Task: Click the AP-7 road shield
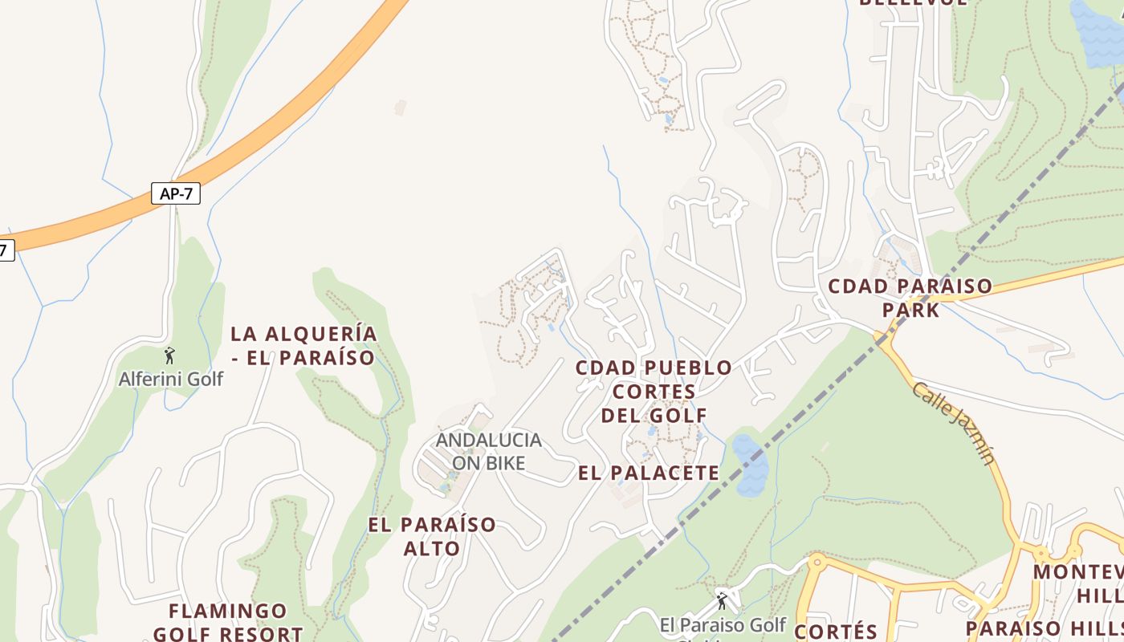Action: click(176, 193)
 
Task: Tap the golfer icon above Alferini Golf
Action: click(169, 356)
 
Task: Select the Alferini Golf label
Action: click(171, 379)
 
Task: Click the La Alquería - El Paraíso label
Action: click(303, 346)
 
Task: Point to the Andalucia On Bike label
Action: click(488, 451)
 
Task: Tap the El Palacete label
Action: click(649, 473)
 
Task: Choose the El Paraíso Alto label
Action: click(432, 536)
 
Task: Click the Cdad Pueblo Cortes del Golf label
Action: click(654, 392)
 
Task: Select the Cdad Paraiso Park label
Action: click(910, 298)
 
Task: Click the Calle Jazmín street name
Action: click(953, 423)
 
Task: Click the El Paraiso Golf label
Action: click(723, 624)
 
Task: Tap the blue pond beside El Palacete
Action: click(749, 465)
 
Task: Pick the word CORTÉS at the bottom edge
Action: click(836, 631)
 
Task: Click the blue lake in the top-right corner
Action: click(1097, 32)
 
